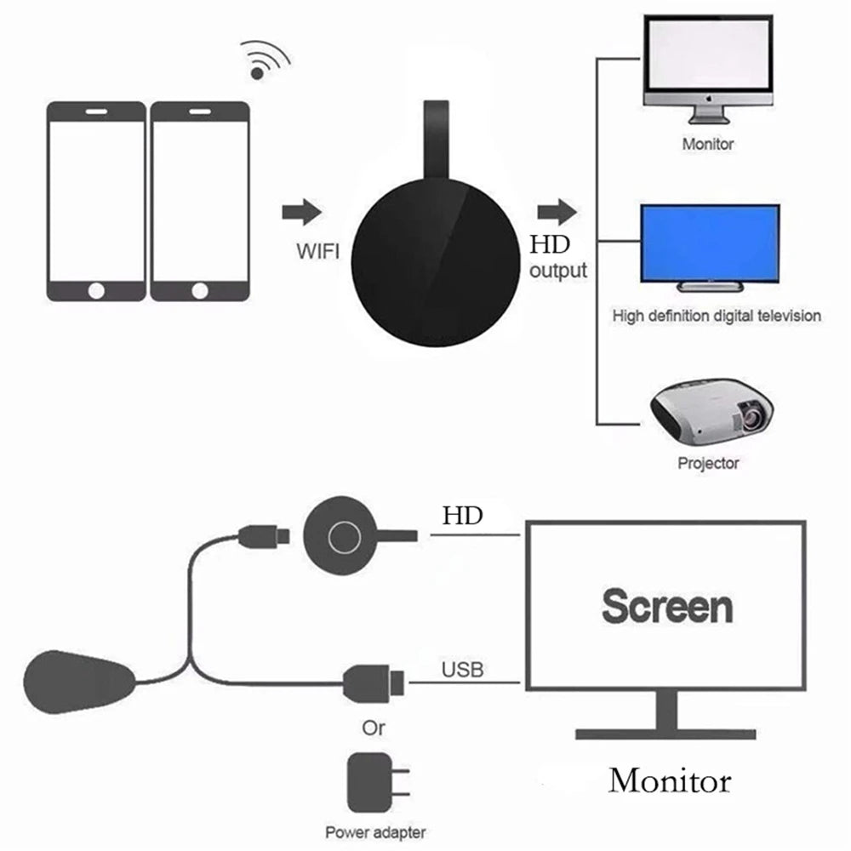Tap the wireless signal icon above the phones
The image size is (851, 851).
tap(264, 60)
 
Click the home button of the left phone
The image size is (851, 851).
tap(96, 290)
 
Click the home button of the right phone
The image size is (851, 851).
tap(199, 290)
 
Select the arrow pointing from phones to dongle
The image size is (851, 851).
tap(302, 212)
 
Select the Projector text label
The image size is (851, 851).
tap(708, 464)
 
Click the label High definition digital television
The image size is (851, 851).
tap(717, 316)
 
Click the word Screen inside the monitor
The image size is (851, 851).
tap(666, 606)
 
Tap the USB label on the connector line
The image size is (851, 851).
tap(462, 670)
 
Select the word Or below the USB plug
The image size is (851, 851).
tap(373, 728)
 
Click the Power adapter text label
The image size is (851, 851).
tap(374, 832)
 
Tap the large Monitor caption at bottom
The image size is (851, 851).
tap(669, 780)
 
